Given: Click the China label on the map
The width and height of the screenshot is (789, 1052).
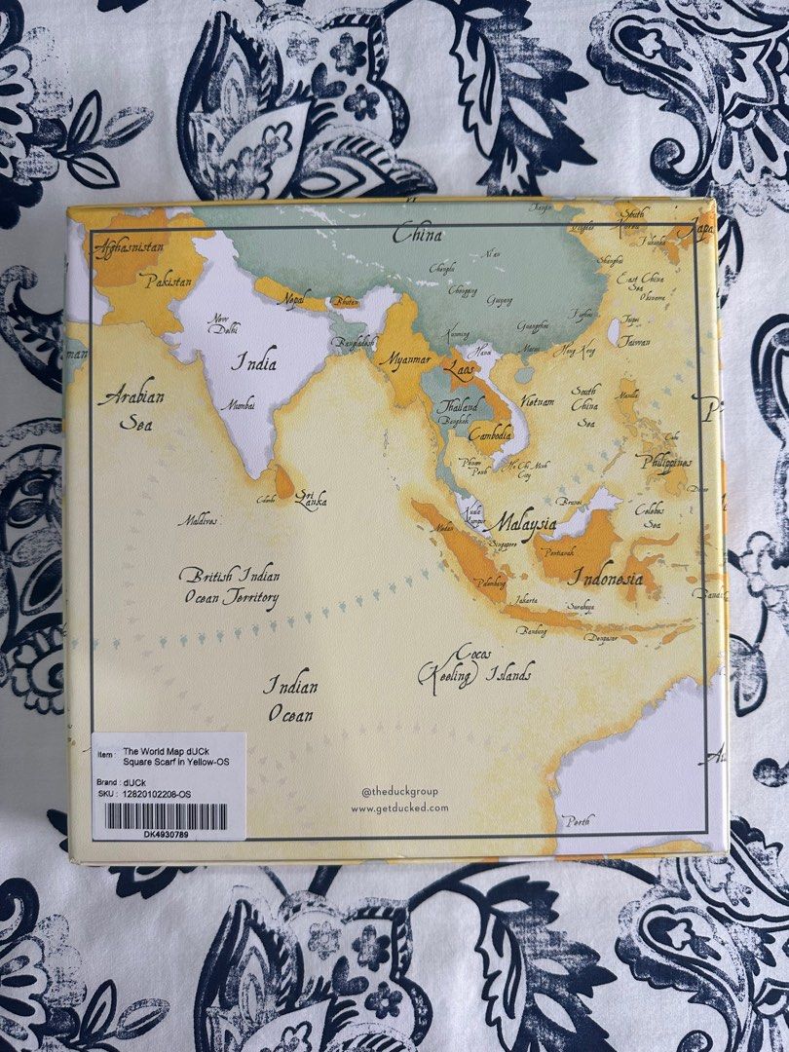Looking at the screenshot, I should click(x=417, y=235).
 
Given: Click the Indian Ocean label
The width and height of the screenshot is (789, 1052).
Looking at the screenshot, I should click(x=291, y=699).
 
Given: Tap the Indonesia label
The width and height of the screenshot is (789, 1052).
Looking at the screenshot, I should click(x=607, y=578).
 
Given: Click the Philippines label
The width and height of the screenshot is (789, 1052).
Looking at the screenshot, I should click(x=668, y=462).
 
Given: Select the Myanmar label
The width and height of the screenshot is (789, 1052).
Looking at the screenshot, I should click(x=404, y=359).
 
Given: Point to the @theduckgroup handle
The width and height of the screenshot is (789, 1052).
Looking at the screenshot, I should click(x=399, y=791).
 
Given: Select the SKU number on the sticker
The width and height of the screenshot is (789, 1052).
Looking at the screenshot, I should click(x=164, y=795).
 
